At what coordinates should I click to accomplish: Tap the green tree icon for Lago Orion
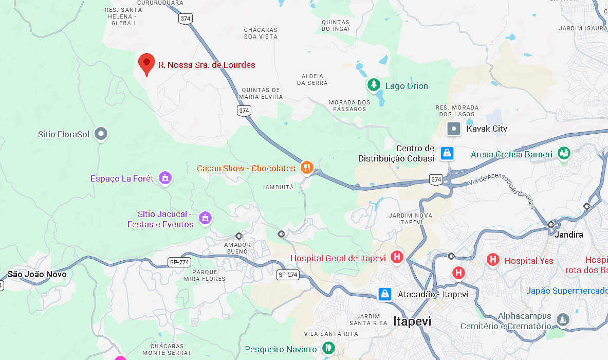click(374, 85)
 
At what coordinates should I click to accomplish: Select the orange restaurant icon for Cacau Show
click(307, 167)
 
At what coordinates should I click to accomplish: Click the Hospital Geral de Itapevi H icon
click(397, 257)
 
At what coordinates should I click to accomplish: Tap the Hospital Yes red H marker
click(493, 260)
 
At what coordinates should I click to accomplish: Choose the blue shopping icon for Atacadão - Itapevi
click(384, 294)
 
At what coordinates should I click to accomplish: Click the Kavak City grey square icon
click(454, 129)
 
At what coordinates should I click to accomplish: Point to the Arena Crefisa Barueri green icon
click(564, 153)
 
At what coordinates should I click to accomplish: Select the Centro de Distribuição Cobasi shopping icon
click(447, 153)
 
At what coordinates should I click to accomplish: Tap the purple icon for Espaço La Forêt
click(165, 178)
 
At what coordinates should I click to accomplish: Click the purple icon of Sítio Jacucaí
click(205, 218)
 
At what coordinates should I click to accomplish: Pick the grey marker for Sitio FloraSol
click(101, 134)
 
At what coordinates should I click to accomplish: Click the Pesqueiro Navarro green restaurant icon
click(328, 349)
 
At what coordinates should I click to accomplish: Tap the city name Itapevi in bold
click(412, 321)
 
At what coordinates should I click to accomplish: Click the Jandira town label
click(569, 235)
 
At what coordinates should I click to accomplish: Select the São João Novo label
click(37, 274)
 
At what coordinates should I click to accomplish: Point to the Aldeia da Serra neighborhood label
click(312, 79)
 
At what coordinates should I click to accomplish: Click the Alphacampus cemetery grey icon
click(563, 320)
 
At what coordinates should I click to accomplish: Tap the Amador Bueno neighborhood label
click(237, 248)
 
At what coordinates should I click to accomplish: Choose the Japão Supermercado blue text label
click(566, 291)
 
